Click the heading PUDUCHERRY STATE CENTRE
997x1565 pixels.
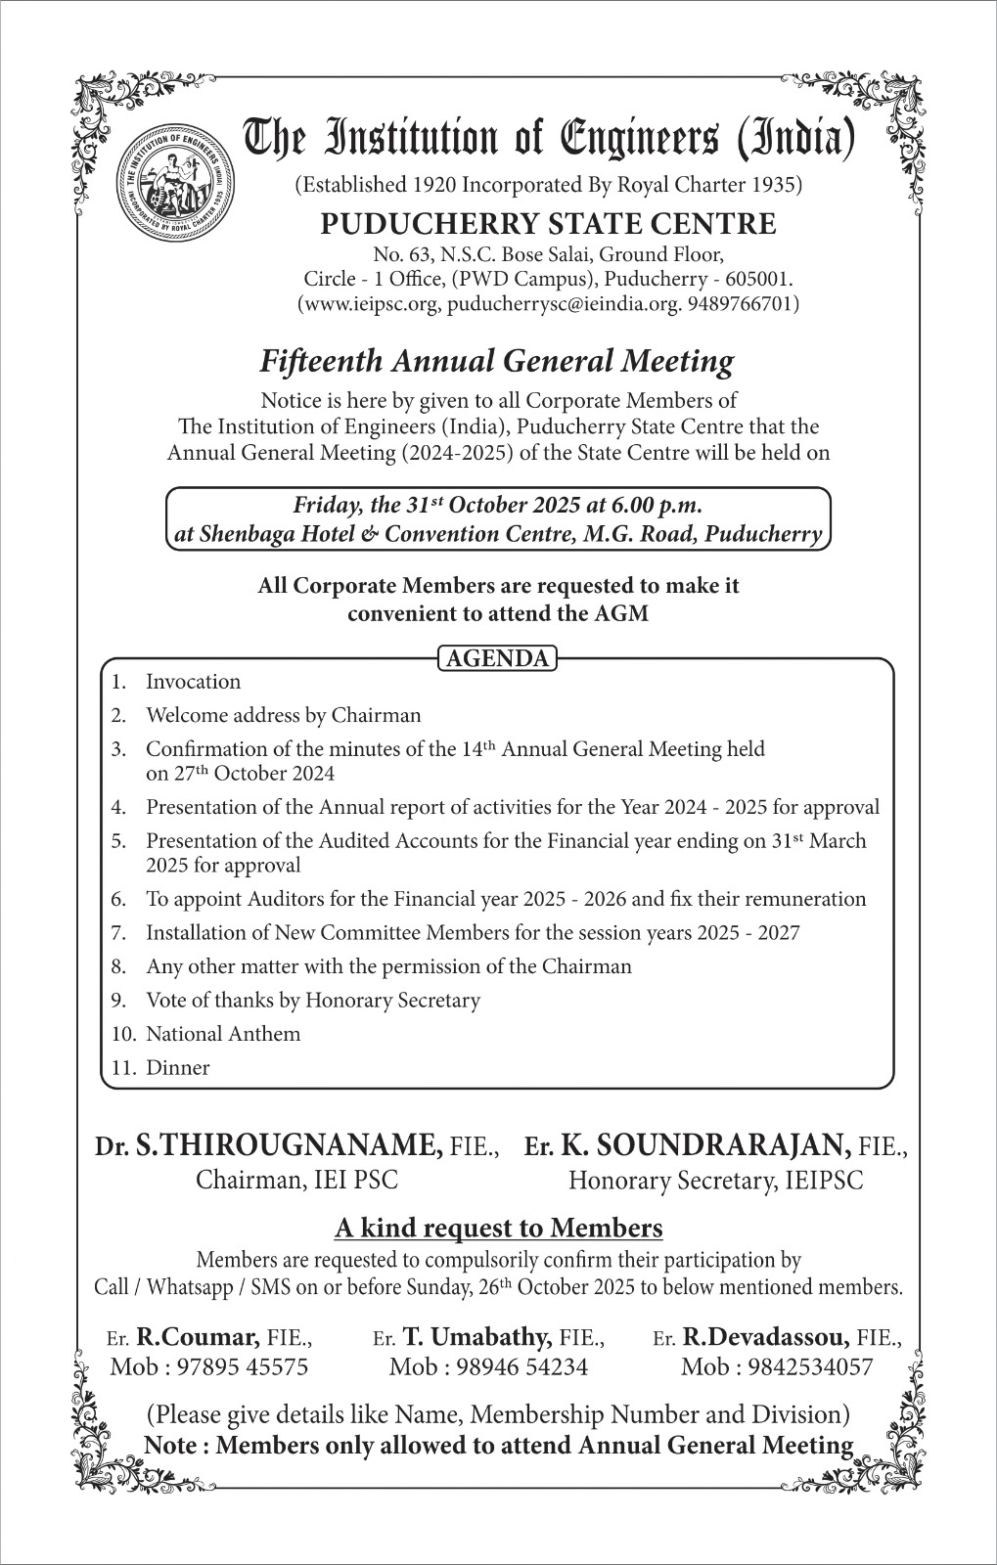pyautogui.click(x=548, y=224)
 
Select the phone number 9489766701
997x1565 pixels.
pyautogui.click(x=741, y=304)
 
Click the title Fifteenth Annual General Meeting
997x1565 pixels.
pyautogui.click(x=496, y=362)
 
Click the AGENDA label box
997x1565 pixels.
pyautogui.click(x=497, y=658)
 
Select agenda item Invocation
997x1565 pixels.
pyautogui.click(x=193, y=682)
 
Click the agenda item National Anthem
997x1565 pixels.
pyautogui.click(x=223, y=1034)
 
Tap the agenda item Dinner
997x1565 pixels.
pyautogui.click(x=177, y=1068)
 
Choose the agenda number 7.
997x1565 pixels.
pyautogui.click(x=117, y=933)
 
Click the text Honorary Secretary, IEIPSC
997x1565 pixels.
pyautogui.click(x=716, y=1181)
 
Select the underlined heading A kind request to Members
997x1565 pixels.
pyautogui.click(x=498, y=1228)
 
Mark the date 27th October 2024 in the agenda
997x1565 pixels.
pyautogui.click(x=240, y=774)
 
